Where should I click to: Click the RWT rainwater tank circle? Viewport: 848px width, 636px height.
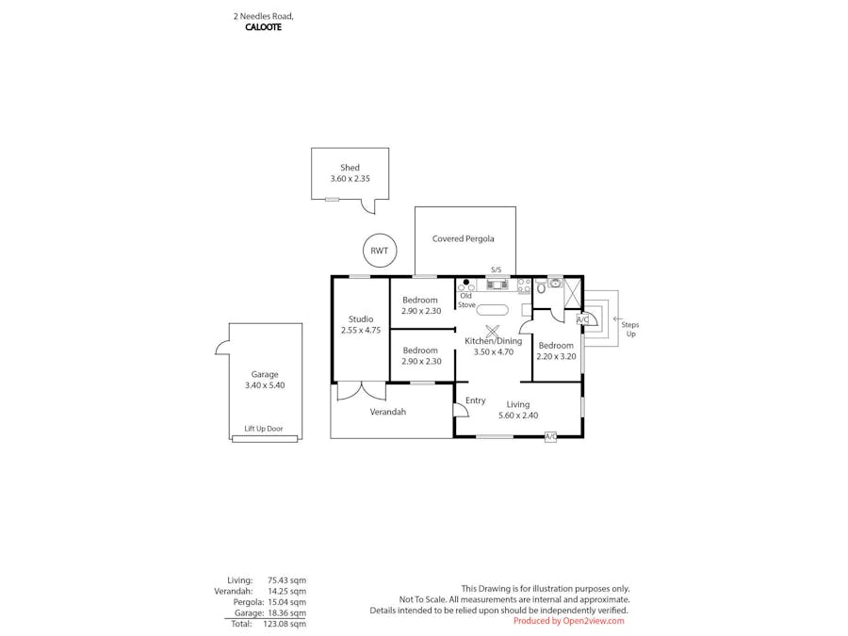[x=379, y=251]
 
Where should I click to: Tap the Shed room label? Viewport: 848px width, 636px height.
[x=350, y=168]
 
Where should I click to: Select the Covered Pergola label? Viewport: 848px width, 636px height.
[x=463, y=239]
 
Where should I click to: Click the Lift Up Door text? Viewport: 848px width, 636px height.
[x=264, y=429]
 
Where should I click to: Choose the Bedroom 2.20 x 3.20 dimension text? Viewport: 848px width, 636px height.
[x=556, y=357]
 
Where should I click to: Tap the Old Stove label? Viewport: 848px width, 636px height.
[x=467, y=301]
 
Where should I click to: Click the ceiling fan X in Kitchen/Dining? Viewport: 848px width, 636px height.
[x=492, y=332]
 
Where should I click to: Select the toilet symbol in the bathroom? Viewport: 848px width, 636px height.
[x=542, y=289]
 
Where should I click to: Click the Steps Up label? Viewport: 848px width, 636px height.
[x=629, y=329]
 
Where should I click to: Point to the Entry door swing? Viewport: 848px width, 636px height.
[x=461, y=407]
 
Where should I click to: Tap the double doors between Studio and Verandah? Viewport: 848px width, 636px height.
[x=361, y=390]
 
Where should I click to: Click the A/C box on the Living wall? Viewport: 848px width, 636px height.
[x=550, y=437]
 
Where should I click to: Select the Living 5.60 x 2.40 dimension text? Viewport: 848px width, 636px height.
[x=517, y=416]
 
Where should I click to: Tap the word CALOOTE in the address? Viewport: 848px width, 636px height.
[x=263, y=27]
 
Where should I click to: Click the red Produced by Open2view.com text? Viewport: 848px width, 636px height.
[x=568, y=621]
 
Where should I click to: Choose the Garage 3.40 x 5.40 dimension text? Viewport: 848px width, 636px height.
[x=265, y=385]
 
